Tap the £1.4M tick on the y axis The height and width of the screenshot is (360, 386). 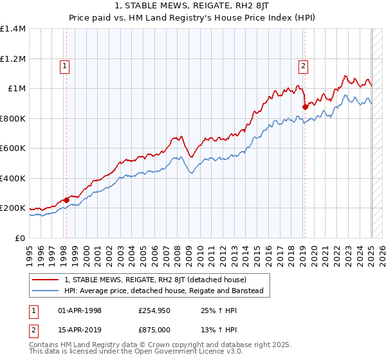tap(13, 29)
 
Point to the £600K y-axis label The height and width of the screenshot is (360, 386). tap(13, 148)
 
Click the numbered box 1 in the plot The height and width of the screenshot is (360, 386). tap(65, 65)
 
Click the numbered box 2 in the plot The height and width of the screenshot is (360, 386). tap(302, 65)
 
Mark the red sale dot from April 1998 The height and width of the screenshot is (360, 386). tap(66, 200)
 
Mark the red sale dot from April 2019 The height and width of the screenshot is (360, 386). tap(306, 107)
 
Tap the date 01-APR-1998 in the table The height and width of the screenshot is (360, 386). tap(80, 310)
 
